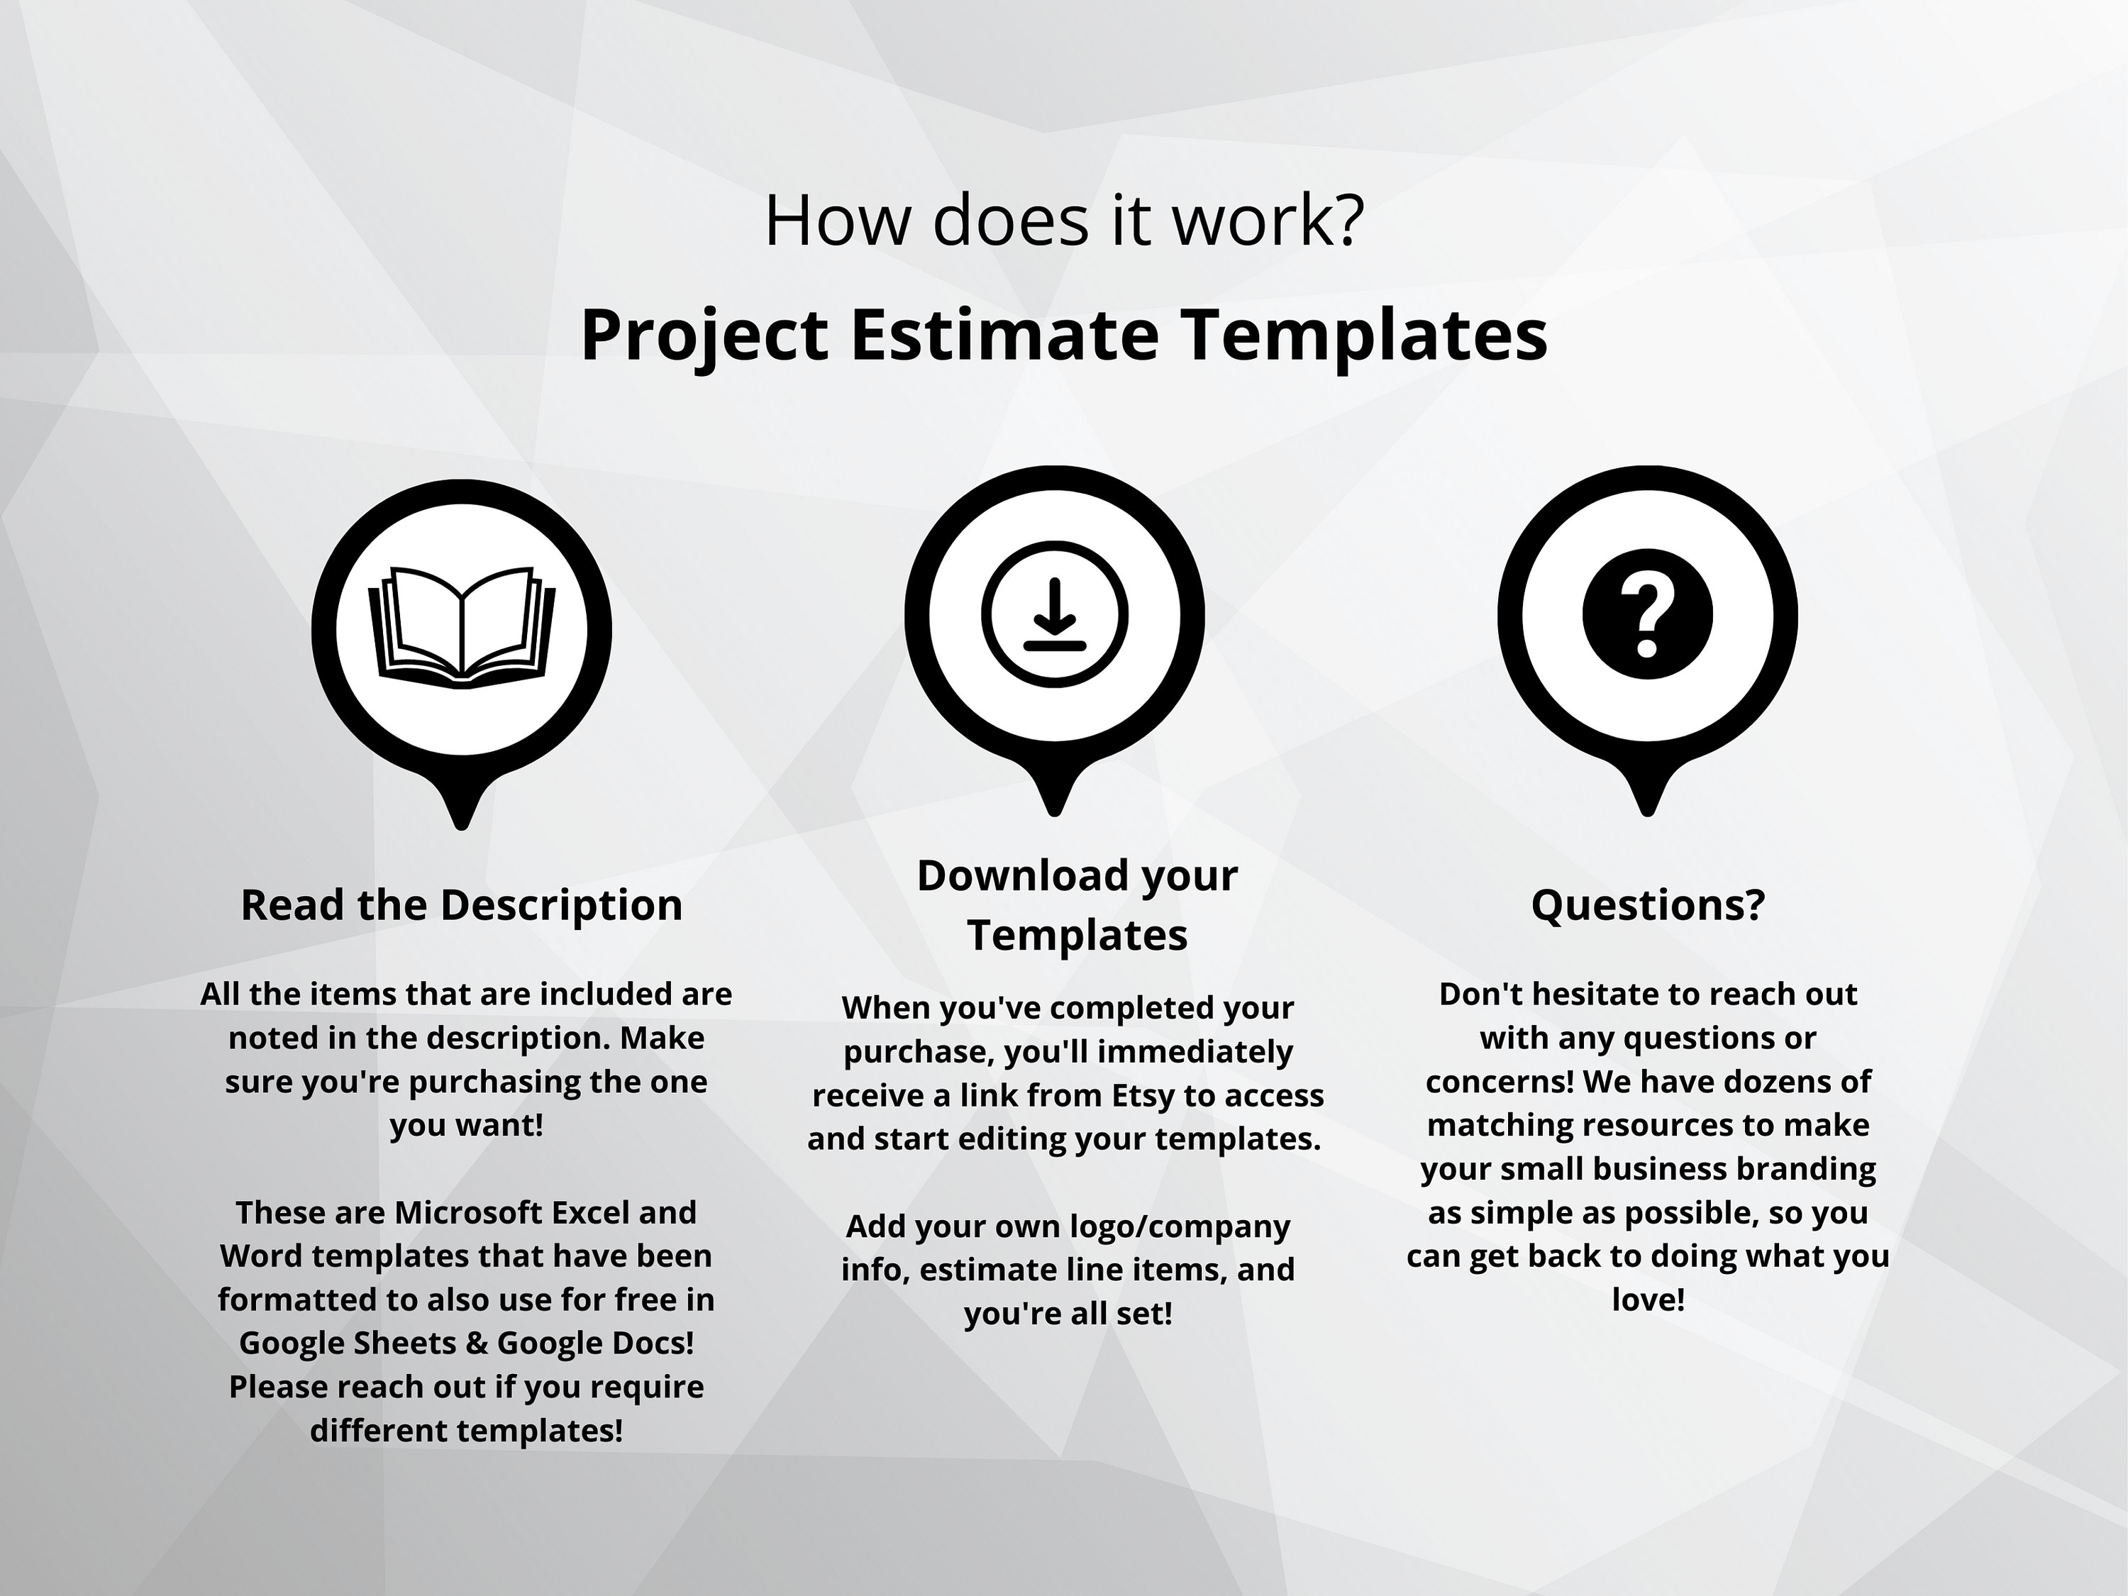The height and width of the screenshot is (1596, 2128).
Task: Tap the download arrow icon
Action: [x=1054, y=615]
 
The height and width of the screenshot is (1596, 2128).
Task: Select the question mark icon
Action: [x=1647, y=615]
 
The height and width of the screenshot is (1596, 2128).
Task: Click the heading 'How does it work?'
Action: [x=1064, y=221]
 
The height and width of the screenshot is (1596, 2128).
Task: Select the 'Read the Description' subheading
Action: [x=462, y=905]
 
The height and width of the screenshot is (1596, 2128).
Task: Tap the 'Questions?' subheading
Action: [x=1648, y=905]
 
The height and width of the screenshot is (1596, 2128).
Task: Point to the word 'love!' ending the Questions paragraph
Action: [x=1648, y=1299]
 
